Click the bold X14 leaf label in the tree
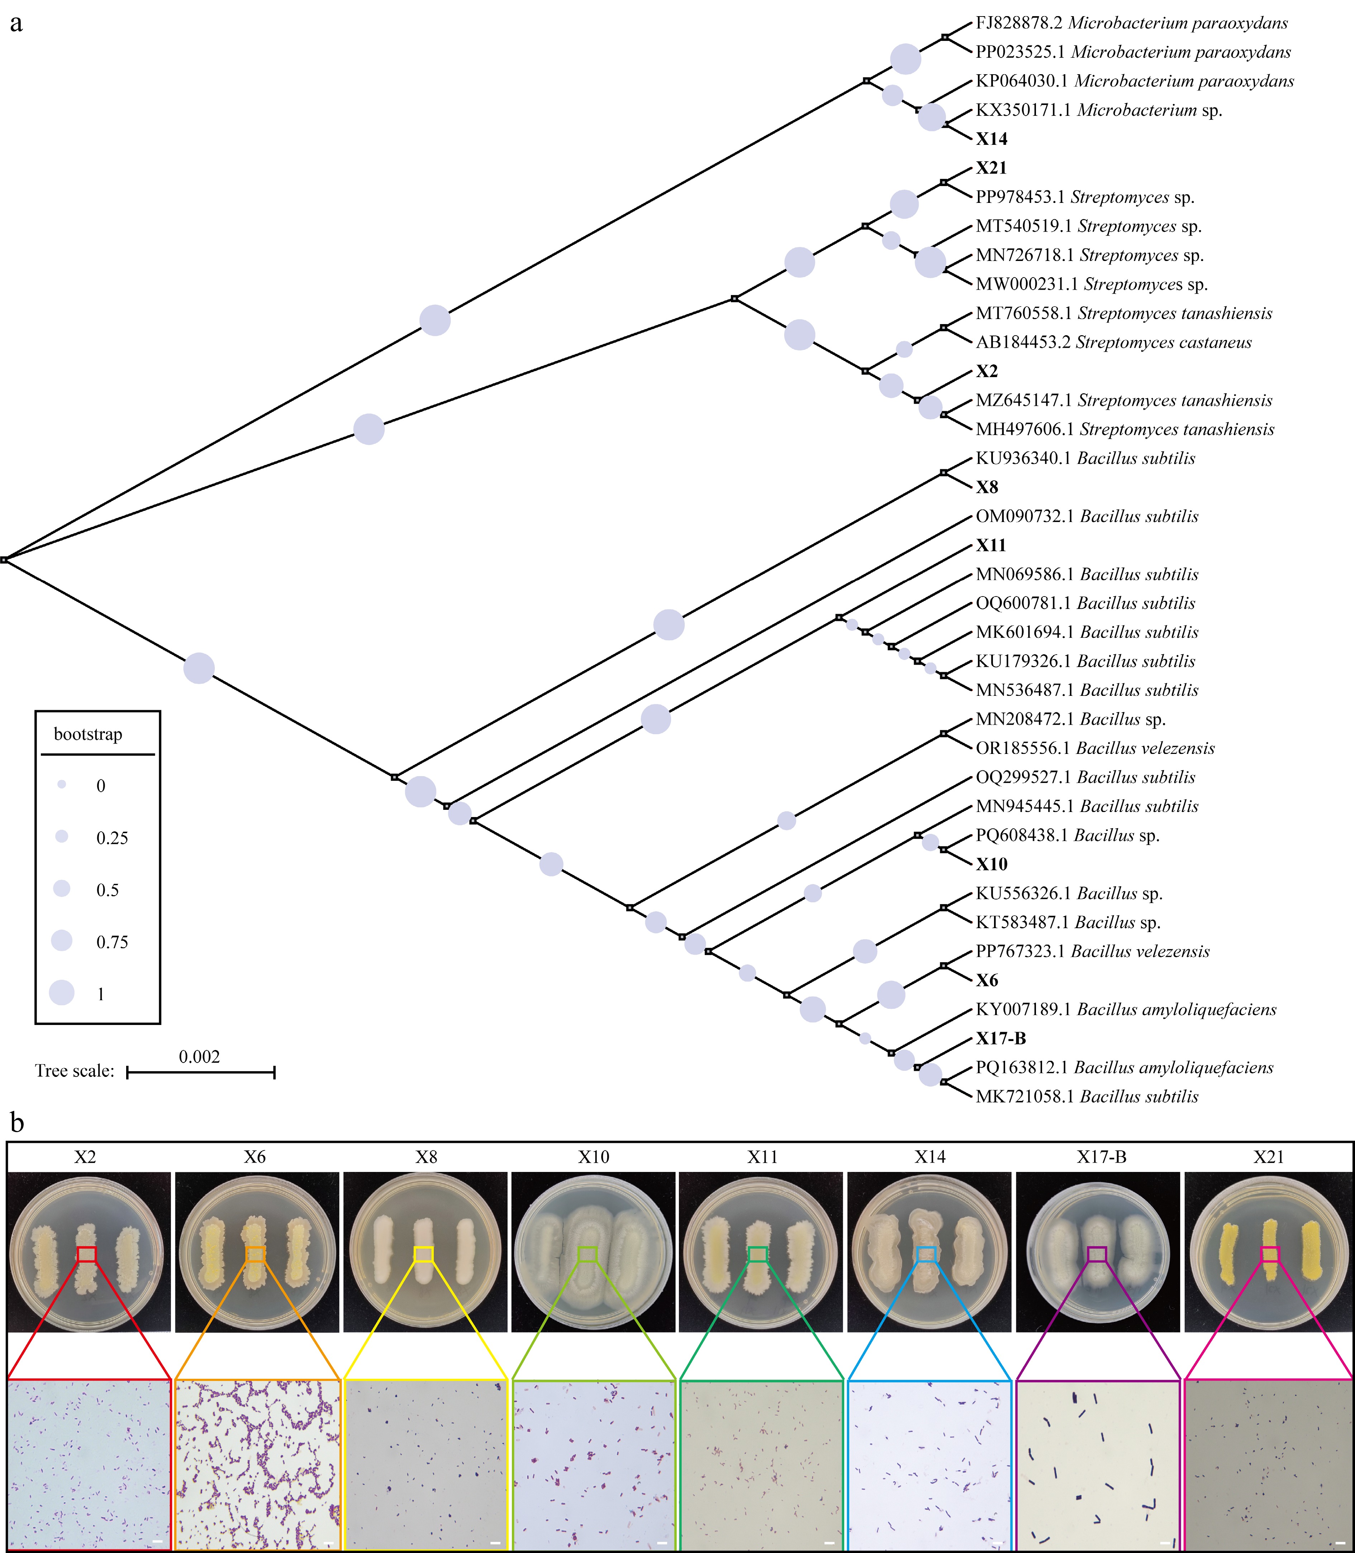[991, 139]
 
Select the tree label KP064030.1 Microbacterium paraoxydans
[1134, 81]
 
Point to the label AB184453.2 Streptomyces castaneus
[1113, 342]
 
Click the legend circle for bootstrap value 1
[62, 993]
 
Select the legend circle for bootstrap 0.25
[62, 836]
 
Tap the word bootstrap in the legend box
[88, 734]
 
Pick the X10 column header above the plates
[594, 1157]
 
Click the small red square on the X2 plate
[87, 1254]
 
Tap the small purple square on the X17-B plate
[1097, 1254]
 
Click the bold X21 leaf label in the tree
[990, 168]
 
